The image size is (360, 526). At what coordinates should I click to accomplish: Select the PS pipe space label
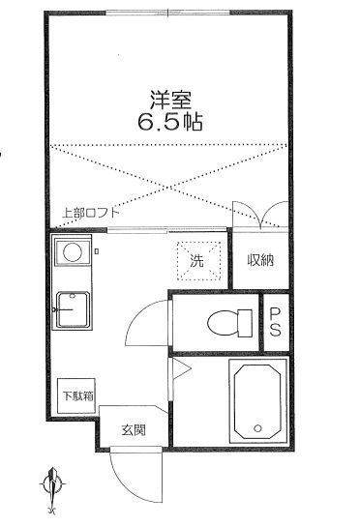pyautogui.click(x=276, y=322)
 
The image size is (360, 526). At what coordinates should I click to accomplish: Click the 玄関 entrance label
pyautogui.click(x=134, y=430)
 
